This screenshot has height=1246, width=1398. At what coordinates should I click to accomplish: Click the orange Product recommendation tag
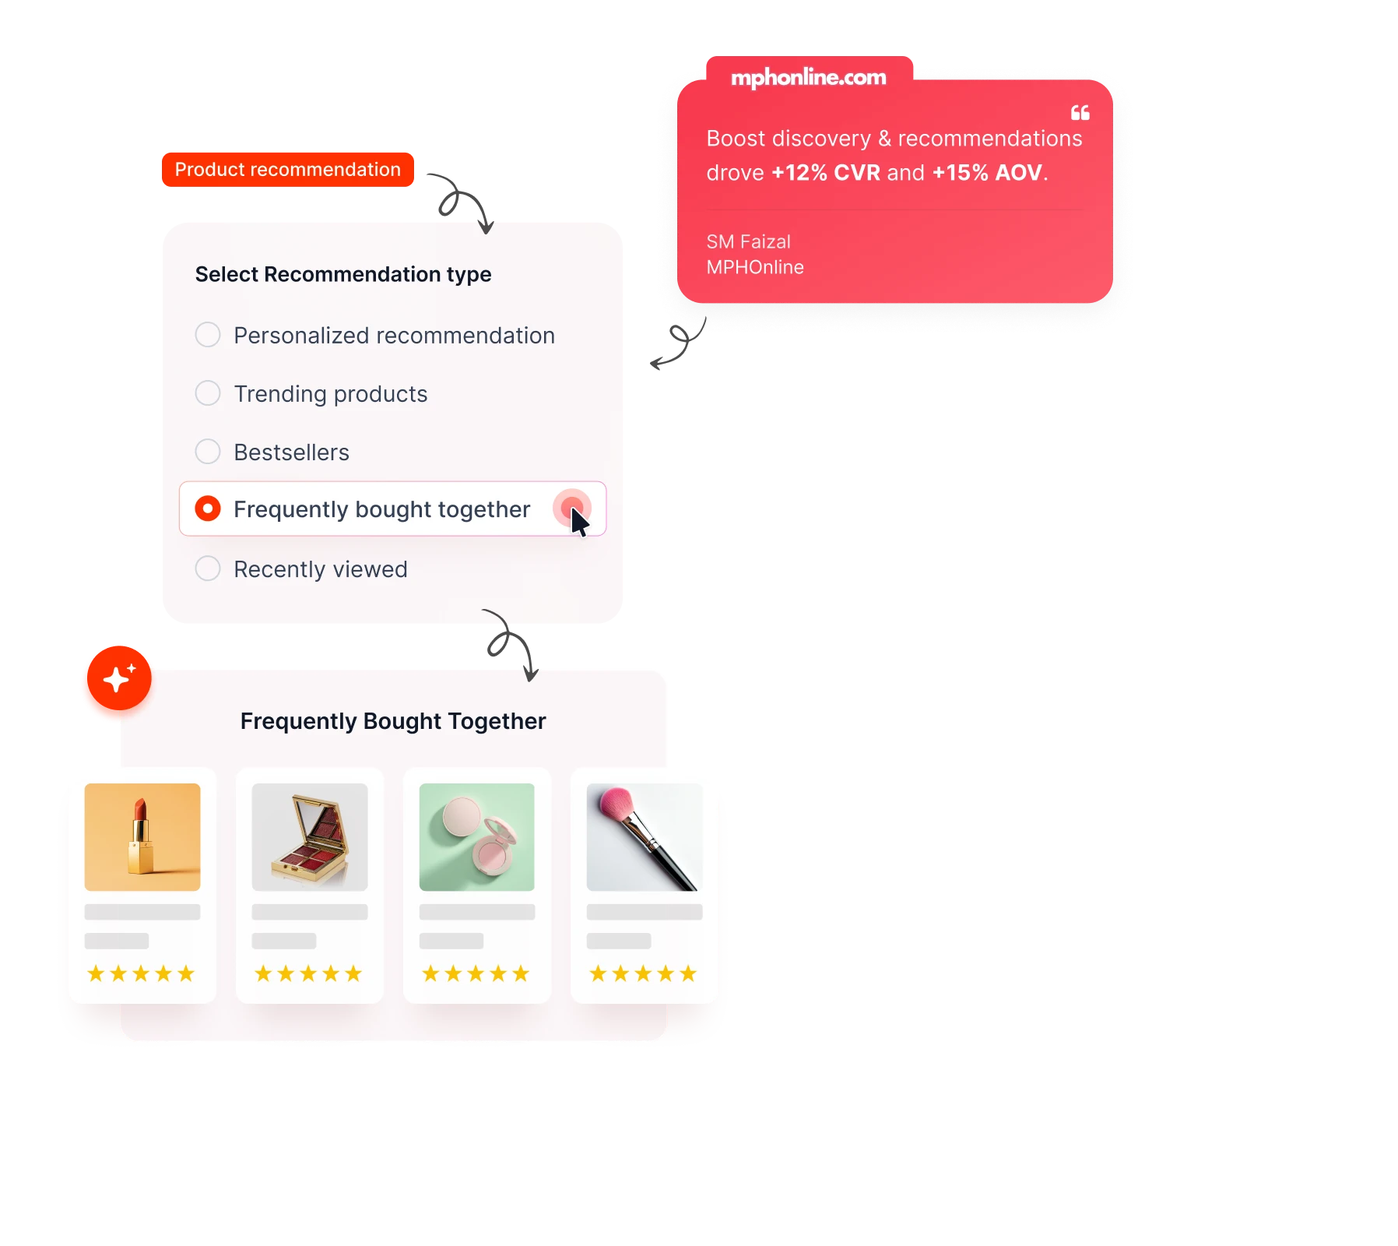288,169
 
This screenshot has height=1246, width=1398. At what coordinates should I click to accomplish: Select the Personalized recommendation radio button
208,335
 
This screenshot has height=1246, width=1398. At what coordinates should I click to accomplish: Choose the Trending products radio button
208,393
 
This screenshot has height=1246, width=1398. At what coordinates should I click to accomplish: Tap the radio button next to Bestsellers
208,452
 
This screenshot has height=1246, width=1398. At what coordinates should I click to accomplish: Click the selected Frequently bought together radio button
208,509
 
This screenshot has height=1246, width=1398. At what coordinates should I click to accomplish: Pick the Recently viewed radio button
208,568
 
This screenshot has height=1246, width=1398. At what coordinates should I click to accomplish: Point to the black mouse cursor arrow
578,521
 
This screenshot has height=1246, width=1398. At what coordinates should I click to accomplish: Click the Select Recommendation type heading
343,274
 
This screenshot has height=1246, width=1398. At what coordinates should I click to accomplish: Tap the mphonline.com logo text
809,77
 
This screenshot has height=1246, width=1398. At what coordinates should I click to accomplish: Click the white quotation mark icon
1080,113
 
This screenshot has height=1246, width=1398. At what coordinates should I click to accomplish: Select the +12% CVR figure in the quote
826,172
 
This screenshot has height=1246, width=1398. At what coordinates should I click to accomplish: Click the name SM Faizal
748,241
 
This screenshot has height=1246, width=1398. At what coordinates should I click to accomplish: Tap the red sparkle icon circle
117,680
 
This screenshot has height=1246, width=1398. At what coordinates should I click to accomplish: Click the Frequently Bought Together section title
393,721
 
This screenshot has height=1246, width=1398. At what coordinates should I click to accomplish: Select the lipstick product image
142,837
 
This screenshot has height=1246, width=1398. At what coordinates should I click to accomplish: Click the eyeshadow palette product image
310,837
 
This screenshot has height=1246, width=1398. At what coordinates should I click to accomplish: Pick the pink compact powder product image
477,837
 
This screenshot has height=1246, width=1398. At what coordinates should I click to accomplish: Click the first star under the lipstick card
96,973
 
